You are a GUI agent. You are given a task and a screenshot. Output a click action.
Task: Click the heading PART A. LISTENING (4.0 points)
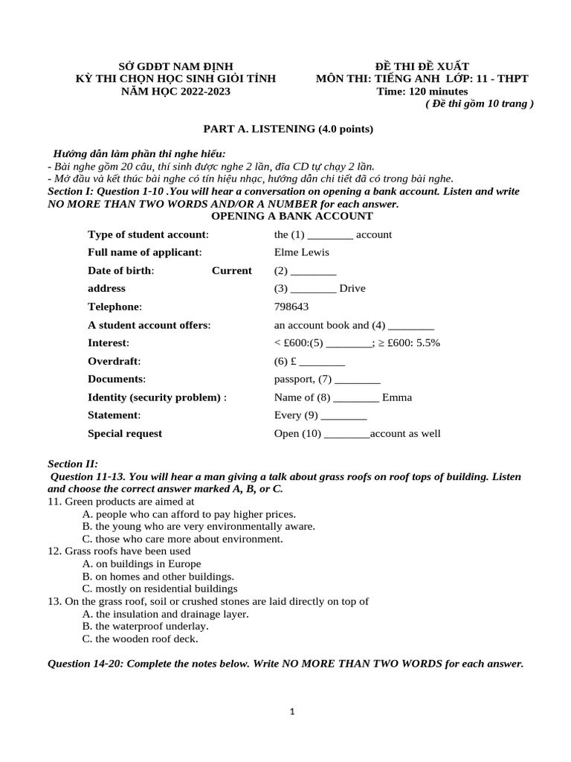pyautogui.click(x=288, y=129)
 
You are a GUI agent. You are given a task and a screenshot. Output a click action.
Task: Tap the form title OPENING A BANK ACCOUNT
pyautogui.click(x=292, y=216)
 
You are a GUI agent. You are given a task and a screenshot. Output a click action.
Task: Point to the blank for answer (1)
pyautogui.click(x=326, y=235)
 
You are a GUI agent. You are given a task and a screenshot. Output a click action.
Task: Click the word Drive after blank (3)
pyautogui.click(x=352, y=289)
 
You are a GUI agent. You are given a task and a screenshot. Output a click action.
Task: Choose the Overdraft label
pyautogui.click(x=114, y=361)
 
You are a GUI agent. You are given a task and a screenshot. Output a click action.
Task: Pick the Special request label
pyautogui.click(x=125, y=434)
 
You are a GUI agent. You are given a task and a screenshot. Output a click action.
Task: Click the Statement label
pyautogui.click(x=114, y=415)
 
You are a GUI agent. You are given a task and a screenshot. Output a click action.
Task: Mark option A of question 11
pyautogui.click(x=189, y=514)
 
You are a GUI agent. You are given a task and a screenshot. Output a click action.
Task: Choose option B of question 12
pyautogui.click(x=158, y=576)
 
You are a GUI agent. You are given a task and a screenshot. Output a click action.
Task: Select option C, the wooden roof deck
pyautogui.click(x=141, y=638)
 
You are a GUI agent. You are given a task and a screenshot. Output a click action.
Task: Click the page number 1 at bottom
pyautogui.click(x=292, y=711)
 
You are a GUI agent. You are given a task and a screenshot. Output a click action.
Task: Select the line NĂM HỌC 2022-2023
pyautogui.click(x=175, y=92)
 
